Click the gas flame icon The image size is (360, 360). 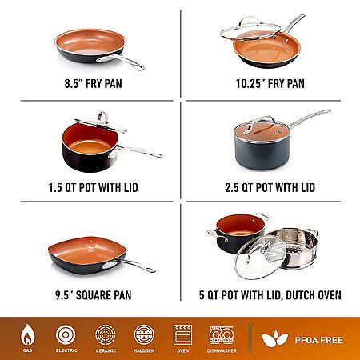pyautogui.click(x=27, y=335)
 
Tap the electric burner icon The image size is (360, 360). pyautogui.click(x=66, y=334)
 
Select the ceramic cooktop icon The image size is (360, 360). pyautogui.click(x=106, y=334)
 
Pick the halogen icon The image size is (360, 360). pyautogui.click(x=144, y=334)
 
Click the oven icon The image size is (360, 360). pyautogui.click(x=182, y=334)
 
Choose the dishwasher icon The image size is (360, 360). pyautogui.click(x=222, y=335)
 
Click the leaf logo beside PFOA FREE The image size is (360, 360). pyautogui.click(x=274, y=339)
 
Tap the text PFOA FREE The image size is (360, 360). pyautogui.click(x=319, y=340)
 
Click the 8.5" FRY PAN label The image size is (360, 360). pyautogui.click(x=93, y=83)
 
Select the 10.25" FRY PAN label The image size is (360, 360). pyautogui.click(x=270, y=83)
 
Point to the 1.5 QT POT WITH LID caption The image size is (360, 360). pyautogui.click(x=93, y=187)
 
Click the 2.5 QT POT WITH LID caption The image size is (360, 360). pyautogui.click(x=270, y=187)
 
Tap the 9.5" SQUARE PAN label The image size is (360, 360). pyautogui.click(x=94, y=295)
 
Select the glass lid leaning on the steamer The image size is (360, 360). pyautogui.click(x=260, y=258)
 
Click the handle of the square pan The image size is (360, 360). pyautogui.click(x=128, y=266)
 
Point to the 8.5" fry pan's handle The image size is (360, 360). pyautogui.click(x=120, y=62)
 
